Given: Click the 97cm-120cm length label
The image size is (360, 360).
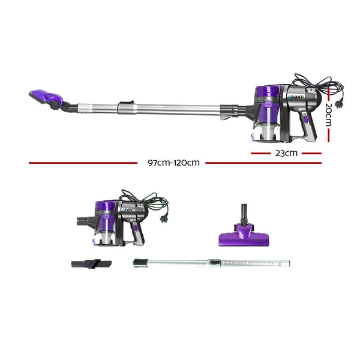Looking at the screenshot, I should pyautogui.click(x=173, y=162).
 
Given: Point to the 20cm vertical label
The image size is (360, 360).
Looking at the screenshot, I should pyautogui.click(x=328, y=114).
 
